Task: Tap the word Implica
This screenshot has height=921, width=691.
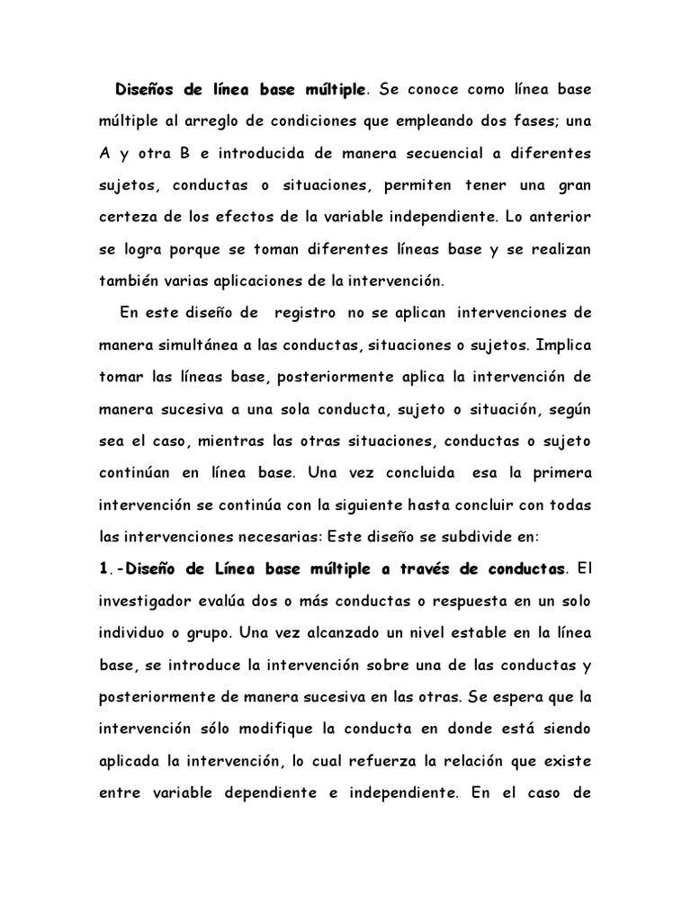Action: [x=562, y=345]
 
